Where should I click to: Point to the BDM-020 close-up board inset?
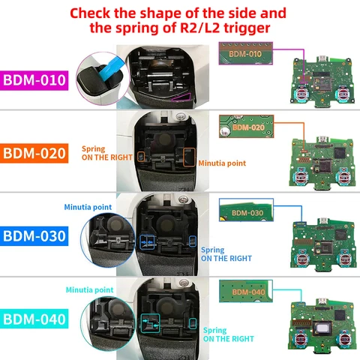click(x=245, y=127)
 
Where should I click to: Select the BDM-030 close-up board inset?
click(x=245, y=212)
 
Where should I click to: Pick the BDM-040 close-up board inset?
click(x=245, y=292)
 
